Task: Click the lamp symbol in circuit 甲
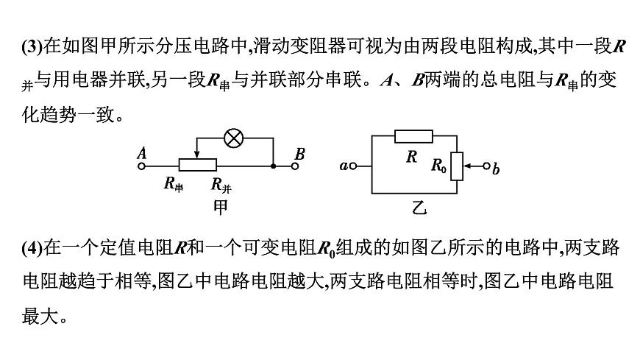235,137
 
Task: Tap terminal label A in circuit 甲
142,154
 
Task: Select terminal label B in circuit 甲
299,154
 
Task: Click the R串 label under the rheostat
174,185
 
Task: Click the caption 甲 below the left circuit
221,206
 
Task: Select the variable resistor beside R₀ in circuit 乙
456,166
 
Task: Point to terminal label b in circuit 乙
496,169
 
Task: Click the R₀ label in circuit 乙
438,166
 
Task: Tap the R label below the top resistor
412,156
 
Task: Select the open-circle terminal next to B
295,166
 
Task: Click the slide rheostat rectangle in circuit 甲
197,166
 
